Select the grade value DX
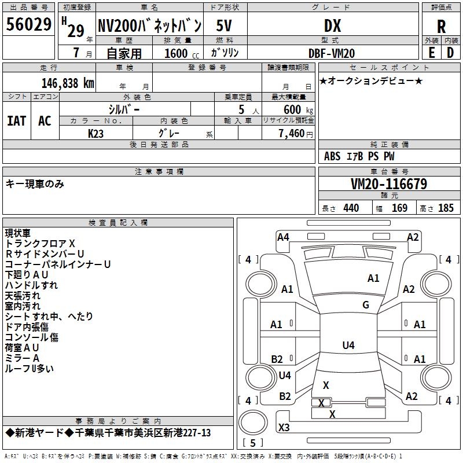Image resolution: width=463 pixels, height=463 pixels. point(332,26)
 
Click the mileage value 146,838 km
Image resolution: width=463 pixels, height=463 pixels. point(67,83)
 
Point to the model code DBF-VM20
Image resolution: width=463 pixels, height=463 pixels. point(332,53)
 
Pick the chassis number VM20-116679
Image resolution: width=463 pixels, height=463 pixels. point(389,184)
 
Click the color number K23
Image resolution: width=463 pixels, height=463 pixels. point(96,133)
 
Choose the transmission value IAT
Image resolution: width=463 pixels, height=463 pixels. point(16,121)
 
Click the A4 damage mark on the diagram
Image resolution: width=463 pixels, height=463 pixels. point(283,237)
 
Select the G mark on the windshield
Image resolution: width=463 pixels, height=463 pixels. point(366,305)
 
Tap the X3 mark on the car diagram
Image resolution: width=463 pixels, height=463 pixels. point(284,428)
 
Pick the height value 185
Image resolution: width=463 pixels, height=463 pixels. point(446,208)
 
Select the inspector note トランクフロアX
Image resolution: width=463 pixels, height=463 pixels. point(40,243)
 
